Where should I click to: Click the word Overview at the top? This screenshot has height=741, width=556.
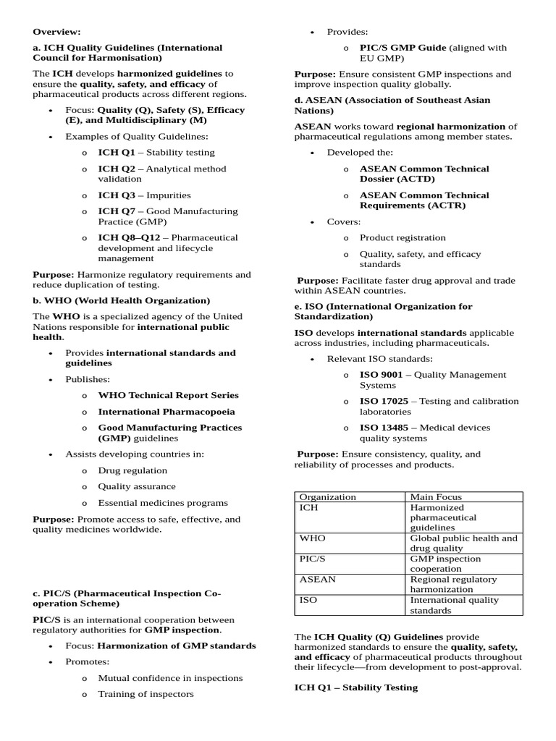coord(57,32)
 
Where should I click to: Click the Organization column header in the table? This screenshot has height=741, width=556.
coord(327,497)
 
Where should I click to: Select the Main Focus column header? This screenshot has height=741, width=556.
coord(436,497)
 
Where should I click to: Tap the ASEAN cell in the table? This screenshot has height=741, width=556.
coord(317,580)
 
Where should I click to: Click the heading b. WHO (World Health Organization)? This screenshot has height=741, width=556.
coord(122,300)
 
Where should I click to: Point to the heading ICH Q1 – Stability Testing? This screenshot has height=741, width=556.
coord(355,687)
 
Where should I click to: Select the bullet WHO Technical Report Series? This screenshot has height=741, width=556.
coord(168,396)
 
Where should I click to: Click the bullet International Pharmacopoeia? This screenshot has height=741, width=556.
coord(167,412)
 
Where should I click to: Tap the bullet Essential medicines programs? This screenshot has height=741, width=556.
coord(163,503)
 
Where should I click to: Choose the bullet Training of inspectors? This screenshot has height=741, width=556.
coord(146,694)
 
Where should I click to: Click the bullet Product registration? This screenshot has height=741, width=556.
coord(403,238)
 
